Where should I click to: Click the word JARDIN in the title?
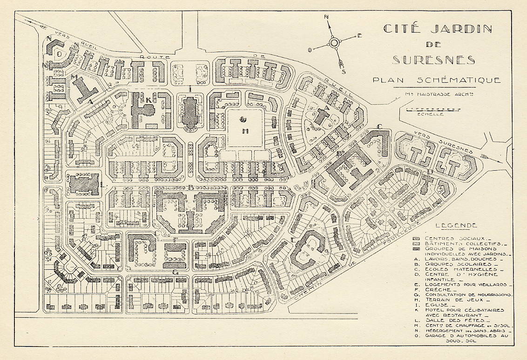(x=462, y=29)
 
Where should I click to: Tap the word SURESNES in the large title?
(x=433, y=60)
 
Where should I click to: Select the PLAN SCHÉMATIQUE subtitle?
(x=436, y=80)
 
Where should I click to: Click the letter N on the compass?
(x=327, y=17)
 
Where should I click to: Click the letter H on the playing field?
(x=244, y=131)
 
